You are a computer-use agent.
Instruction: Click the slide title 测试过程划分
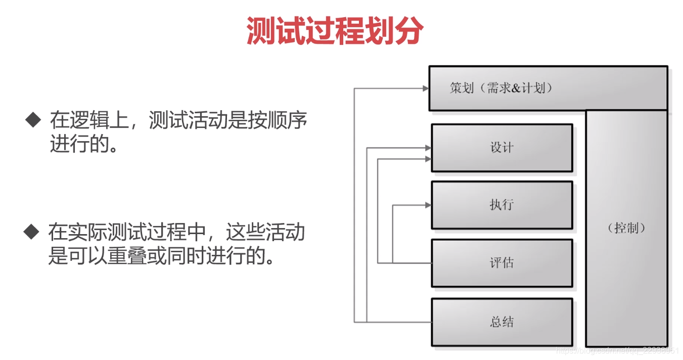334,31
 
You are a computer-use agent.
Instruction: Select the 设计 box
502,148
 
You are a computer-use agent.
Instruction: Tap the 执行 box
502,205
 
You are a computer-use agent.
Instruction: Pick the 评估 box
502,263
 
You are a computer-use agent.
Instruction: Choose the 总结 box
502,322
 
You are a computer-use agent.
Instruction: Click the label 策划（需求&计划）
501,88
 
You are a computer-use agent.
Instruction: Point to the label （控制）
626,228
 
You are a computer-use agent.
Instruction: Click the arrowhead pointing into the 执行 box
428,205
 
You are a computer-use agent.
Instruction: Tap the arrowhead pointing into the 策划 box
426,88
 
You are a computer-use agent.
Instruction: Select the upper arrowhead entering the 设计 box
428,148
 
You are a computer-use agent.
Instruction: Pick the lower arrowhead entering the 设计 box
428,159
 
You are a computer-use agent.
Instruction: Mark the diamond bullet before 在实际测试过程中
31,232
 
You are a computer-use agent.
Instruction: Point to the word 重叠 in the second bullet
122,256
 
